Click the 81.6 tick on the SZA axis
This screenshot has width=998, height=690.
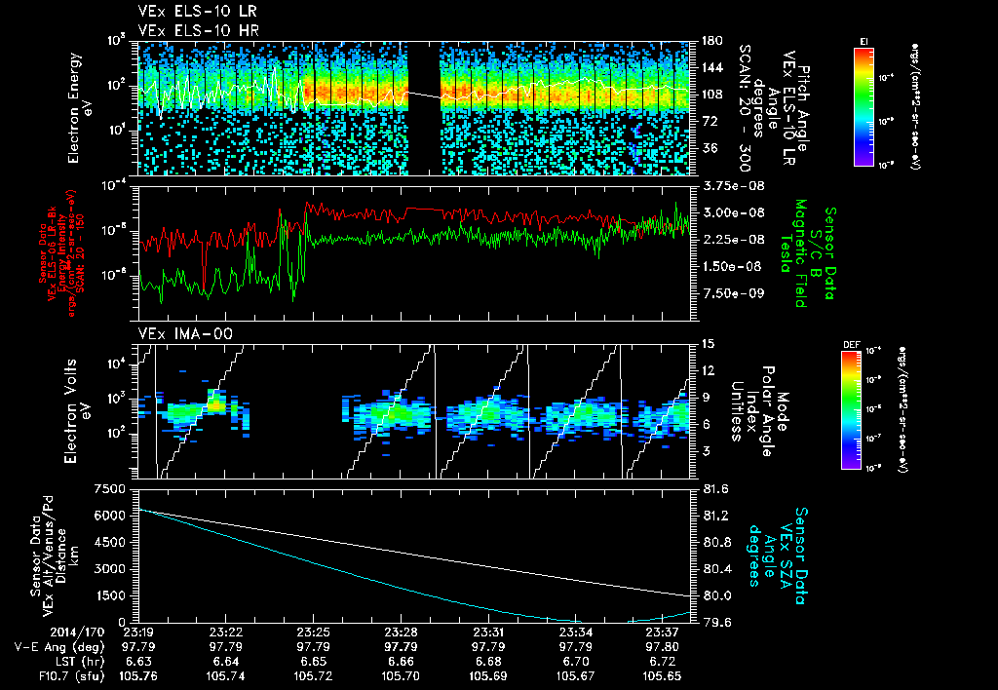tap(716, 488)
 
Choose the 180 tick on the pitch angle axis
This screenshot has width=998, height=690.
tap(710, 41)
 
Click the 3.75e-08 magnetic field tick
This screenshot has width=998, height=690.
tap(730, 185)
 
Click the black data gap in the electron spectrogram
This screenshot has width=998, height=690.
tap(423, 107)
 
